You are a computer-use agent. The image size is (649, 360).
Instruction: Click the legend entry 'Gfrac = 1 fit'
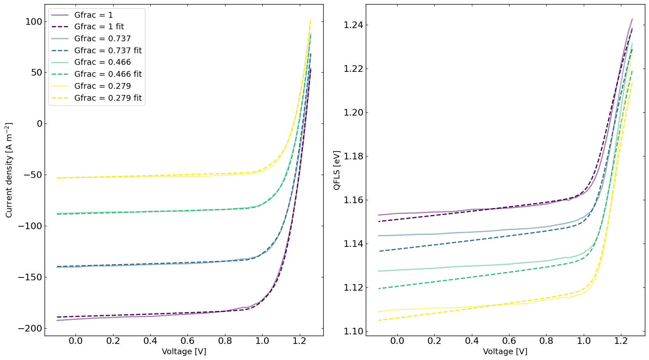(x=99, y=27)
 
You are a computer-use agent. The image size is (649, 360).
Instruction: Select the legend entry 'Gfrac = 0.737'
(x=102, y=39)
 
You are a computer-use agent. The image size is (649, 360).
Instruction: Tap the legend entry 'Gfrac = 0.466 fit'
(x=108, y=74)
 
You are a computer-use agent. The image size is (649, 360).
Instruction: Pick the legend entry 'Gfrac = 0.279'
(x=102, y=86)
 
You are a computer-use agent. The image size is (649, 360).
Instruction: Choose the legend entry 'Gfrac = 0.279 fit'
(x=108, y=98)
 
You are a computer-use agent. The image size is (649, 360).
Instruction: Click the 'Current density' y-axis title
(x=9, y=170)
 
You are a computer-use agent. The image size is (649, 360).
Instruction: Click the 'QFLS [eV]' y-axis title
(x=337, y=170)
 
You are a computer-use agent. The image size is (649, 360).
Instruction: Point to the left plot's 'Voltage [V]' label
(x=184, y=352)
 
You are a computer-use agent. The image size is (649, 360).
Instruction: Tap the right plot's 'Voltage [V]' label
(x=505, y=352)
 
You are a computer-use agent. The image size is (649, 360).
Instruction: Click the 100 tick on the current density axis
(x=33, y=21)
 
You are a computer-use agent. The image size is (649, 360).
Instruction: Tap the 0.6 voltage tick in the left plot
(x=187, y=341)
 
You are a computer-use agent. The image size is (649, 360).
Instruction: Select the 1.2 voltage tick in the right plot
(x=621, y=341)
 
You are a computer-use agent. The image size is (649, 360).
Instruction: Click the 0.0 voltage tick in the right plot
(x=397, y=341)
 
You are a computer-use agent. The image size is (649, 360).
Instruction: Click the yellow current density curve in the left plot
(x=165, y=176)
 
